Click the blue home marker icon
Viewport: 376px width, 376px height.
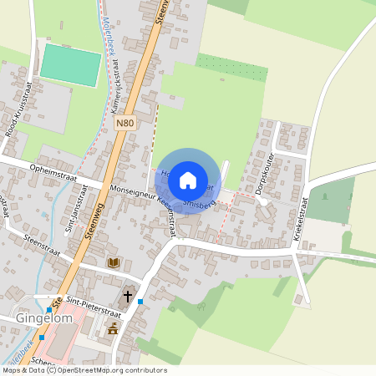(188, 180)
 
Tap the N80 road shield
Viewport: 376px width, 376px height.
(124, 123)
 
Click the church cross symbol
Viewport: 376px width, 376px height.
(128, 296)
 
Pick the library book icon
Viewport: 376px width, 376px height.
(114, 262)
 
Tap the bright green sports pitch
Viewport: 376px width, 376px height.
(70, 64)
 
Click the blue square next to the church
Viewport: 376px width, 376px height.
(141, 301)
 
